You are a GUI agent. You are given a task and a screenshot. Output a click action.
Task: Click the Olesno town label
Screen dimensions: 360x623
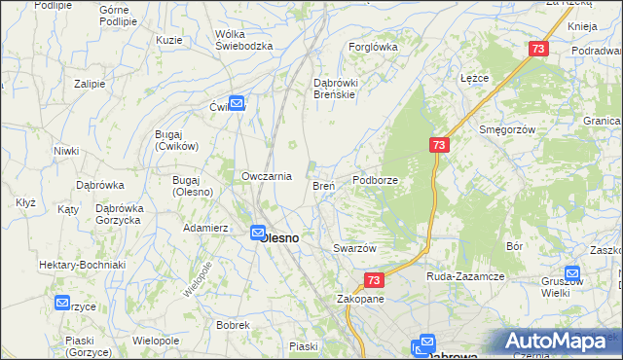(282, 236)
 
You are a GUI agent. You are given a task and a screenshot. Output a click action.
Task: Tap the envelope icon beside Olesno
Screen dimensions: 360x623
(258, 234)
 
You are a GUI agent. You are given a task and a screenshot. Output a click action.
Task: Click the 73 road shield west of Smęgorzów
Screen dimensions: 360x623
(439, 145)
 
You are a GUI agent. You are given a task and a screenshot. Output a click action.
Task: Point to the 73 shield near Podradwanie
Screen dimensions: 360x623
(539, 49)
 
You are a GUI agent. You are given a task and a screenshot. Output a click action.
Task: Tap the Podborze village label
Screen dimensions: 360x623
(376, 180)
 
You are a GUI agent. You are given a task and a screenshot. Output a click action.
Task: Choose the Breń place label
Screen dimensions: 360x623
(323, 185)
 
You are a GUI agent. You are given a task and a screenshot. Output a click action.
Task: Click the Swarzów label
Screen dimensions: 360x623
(354, 248)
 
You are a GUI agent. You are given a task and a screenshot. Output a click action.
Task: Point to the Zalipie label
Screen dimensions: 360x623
(90, 84)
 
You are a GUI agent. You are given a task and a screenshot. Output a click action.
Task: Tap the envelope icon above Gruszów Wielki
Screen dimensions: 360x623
(572, 275)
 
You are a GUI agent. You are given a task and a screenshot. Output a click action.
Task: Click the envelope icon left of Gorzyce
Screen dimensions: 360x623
(63, 303)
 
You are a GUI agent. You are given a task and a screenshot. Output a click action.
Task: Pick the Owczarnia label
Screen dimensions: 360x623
(267, 176)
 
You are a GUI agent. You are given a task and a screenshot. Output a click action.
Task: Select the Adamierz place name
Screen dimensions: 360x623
(205, 228)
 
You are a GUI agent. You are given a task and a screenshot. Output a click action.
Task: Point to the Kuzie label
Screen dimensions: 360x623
(169, 40)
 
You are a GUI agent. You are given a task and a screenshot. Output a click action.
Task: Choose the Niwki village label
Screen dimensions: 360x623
(66, 151)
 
